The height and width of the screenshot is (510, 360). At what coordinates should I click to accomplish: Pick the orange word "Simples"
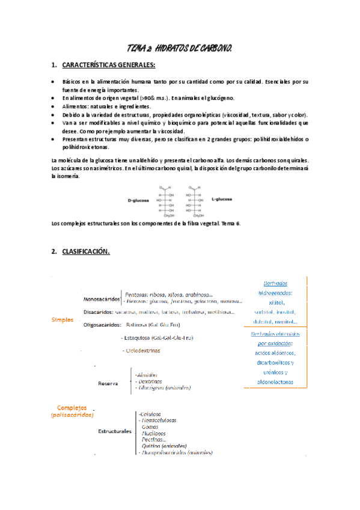pos(63,320)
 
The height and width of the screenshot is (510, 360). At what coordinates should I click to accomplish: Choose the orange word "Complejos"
pos(72,407)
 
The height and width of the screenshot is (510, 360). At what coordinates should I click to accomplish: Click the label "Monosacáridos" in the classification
pos(101,299)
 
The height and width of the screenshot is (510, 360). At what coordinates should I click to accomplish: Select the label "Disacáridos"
pos(99,312)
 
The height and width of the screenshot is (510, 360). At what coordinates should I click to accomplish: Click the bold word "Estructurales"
pos(115,431)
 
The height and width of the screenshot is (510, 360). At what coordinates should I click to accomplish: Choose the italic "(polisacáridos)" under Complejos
pos(72,415)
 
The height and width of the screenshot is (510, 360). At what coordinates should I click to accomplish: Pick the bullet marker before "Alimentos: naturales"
pos(54,106)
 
